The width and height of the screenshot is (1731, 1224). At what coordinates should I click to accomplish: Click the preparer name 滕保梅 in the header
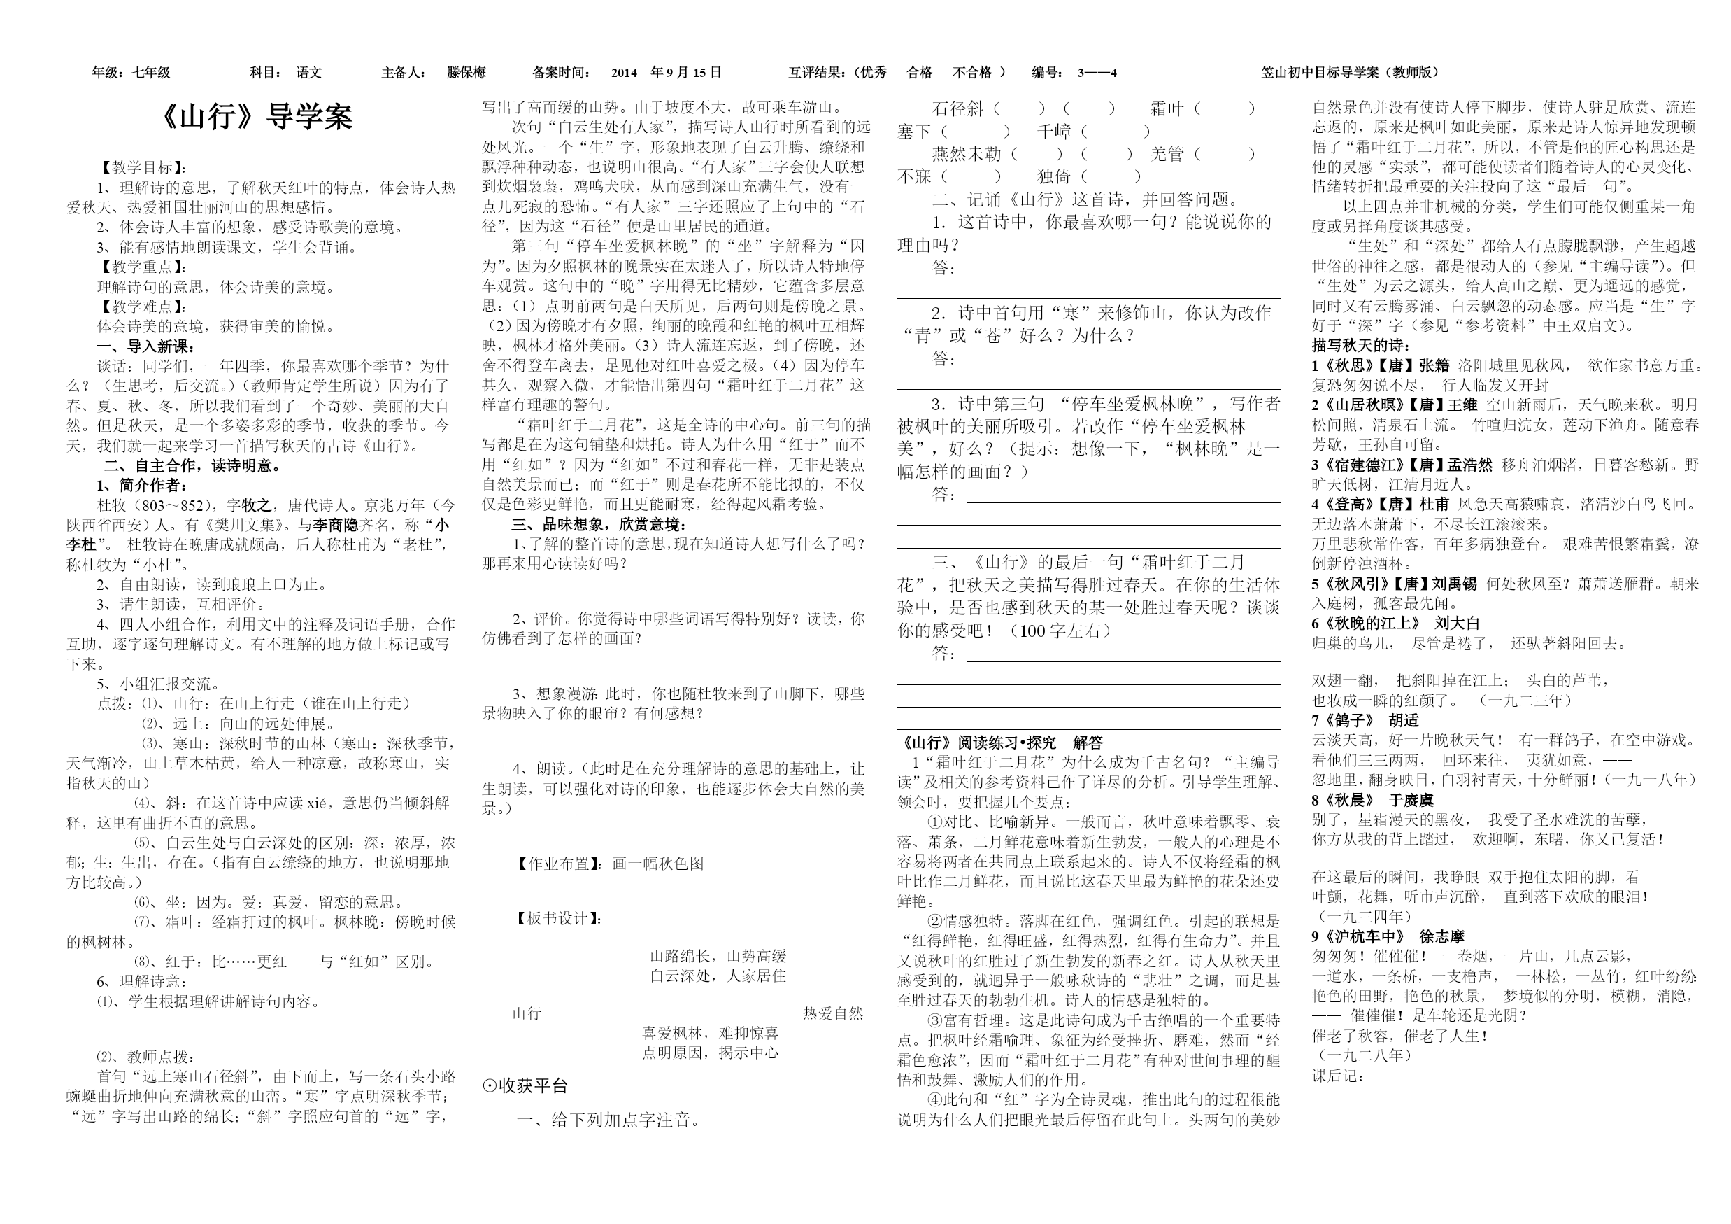click(466, 72)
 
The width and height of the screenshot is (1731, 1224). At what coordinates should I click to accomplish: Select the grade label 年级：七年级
click(131, 72)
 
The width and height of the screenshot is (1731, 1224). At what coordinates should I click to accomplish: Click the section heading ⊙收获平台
click(525, 1086)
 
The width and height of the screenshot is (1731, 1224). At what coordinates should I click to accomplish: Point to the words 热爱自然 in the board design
click(832, 1013)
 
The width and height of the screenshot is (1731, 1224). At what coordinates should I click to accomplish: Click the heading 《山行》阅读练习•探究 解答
click(1002, 743)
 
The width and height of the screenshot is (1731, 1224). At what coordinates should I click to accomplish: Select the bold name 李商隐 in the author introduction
click(336, 525)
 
